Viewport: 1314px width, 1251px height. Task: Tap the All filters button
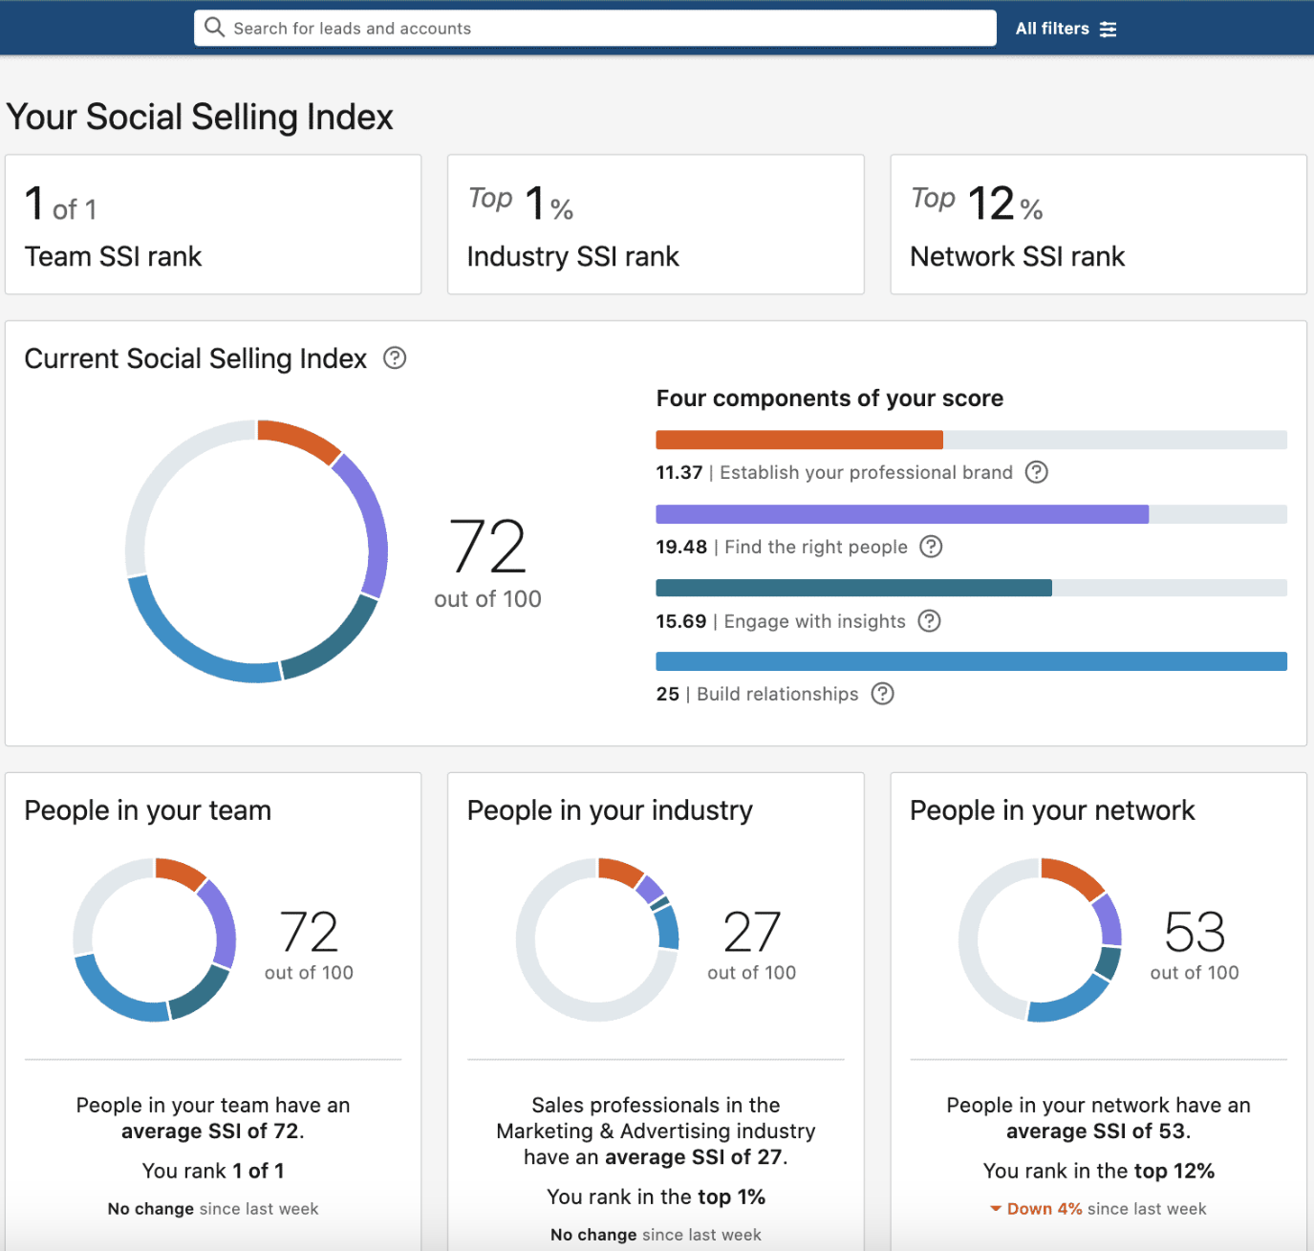[x=1065, y=29]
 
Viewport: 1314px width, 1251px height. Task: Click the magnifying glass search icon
[x=215, y=28]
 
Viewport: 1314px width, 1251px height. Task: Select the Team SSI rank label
[x=113, y=256]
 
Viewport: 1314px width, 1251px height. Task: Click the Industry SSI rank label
[x=572, y=256]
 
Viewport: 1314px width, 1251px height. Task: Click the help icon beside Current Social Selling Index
[x=395, y=358]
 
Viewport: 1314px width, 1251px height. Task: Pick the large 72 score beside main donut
[x=487, y=548]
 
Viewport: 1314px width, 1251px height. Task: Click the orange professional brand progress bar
[x=799, y=440]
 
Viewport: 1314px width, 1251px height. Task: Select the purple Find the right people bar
[x=901, y=514]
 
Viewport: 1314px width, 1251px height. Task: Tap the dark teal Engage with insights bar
[x=853, y=588]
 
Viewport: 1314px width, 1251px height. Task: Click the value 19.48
[x=680, y=547]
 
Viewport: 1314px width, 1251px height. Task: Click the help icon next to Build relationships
[x=882, y=694]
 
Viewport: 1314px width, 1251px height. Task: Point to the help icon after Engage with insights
[x=929, y=621]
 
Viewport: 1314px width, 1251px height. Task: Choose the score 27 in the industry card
[x=752, y=933]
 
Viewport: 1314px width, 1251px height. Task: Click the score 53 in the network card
[x=1195, y=933]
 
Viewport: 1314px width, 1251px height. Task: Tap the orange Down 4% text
[x=1044, y=1209]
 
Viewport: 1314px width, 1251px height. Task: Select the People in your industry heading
[x=610, y=810]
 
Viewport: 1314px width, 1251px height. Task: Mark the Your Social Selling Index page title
[x=200, y=118]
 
